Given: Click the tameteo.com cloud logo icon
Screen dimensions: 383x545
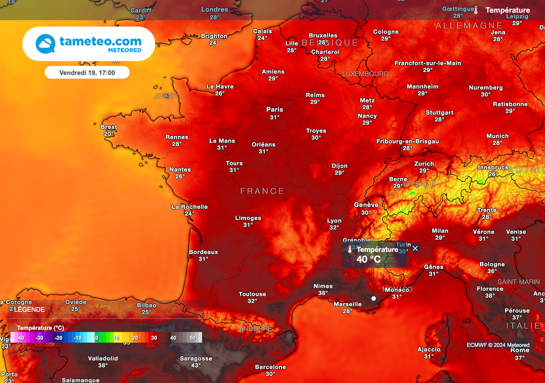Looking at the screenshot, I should point(45,44).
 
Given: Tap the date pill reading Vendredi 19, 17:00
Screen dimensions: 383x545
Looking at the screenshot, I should point(87,72).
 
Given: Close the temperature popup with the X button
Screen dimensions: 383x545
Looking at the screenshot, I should point(415,248).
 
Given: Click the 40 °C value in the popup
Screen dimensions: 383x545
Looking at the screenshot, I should point(369,259).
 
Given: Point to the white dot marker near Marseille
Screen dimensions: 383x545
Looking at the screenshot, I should point(374,298).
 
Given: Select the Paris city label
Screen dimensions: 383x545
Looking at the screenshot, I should point(275,110).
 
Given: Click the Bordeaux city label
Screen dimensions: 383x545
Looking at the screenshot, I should point(203,252).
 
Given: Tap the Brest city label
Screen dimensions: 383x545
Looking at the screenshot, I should point(109,127).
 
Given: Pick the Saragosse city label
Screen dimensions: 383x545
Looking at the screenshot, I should point(196,358).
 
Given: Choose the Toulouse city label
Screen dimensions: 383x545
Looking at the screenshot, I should point(252,294).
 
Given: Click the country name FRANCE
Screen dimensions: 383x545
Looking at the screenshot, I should point(262,191).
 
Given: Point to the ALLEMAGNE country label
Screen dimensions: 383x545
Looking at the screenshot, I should point(469,26).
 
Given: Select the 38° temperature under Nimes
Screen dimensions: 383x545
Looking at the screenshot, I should point(323,293).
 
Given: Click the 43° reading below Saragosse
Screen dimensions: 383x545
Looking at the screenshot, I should point(196,365).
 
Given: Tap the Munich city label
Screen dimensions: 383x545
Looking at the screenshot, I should point(498,136).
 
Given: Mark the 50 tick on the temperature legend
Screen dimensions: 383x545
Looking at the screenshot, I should point(192,338).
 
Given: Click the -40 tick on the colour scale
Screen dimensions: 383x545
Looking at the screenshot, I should point(20,338).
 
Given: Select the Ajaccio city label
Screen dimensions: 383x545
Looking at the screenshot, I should point(429,349).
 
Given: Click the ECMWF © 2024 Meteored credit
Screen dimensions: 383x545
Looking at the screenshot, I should point(498,345).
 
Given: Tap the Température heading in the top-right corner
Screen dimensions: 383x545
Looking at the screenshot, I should point(508,10).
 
